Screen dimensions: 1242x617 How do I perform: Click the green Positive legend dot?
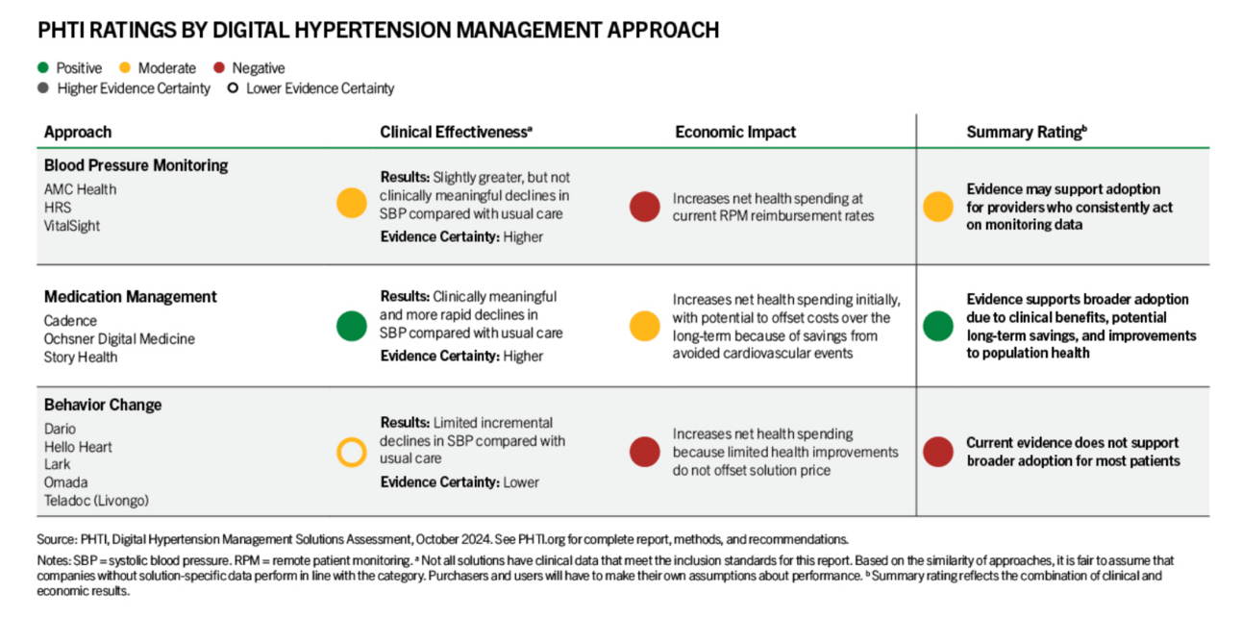tap(43, 67)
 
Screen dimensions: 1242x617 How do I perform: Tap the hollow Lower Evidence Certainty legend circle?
tap(233, 88)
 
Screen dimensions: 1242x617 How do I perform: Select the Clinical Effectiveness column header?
tap(456, 132)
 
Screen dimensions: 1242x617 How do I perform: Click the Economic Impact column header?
tap(735, 132)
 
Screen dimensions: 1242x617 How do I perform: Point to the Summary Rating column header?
tap(1027, 132)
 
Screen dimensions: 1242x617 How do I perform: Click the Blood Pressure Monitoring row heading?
tap(136, 165)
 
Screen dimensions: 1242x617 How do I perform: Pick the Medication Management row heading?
tap(131, 297)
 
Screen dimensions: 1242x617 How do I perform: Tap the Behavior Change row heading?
tap(103, 405)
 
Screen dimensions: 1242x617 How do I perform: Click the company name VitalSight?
tap(71, 226)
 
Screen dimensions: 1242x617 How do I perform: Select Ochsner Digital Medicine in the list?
tap(119, 338)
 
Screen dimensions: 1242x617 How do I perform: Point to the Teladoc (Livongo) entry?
tap(96, 501)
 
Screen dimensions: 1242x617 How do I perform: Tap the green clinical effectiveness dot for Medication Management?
tap(352, 326)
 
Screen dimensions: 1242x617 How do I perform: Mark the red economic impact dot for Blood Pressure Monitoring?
tap(644, 207)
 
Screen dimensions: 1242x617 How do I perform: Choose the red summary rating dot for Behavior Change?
tap(938, 452)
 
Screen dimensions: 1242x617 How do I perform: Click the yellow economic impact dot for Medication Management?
tap(644, 326)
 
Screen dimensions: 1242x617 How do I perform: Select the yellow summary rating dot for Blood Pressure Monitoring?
tap(938, 207)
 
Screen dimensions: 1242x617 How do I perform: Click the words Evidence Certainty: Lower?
tap(460, 482)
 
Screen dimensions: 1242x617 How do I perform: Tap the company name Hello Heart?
tap(78, 447)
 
